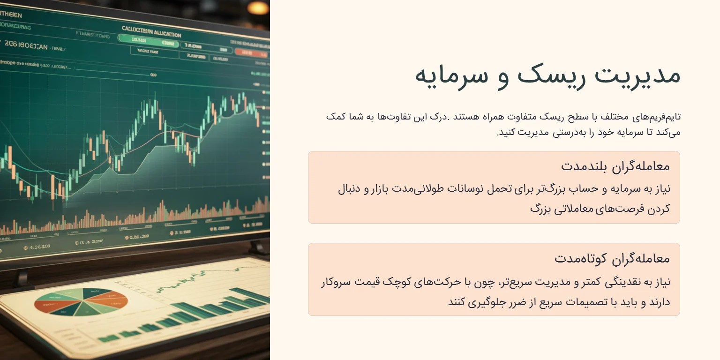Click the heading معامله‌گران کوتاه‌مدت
pyautogui.click(x=612, y=258)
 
